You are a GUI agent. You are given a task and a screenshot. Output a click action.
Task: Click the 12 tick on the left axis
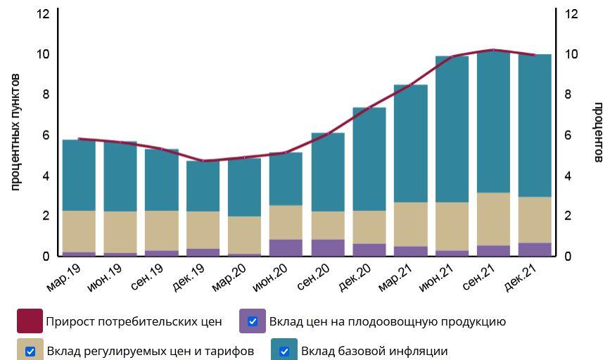pyautogui.click(x=43, y=14)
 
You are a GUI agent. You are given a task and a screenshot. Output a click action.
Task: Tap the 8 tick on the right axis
pyautogui.click(x=571, y=95)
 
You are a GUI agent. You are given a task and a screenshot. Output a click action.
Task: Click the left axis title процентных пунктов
pyautogui.click(x=16, y=131)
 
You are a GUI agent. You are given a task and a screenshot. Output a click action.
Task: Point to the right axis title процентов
pyautogui.click(x=597, y=132)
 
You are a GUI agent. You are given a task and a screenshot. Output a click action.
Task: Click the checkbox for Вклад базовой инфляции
pyautogui.click(x=284, y=351)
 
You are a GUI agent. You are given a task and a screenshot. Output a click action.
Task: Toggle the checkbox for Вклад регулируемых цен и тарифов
pyautogui.click(x=30, y=351)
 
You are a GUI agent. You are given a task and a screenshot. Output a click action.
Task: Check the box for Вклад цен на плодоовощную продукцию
pyautogui.click(x=253, y=321)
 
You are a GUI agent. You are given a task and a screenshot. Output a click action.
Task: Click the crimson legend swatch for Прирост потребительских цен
pyautogui.click(x=30, y=321)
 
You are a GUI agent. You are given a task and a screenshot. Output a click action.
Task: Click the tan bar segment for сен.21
pyautogui.click(x=493, y=219)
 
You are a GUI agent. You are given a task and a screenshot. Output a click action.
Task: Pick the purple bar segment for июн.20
pyautogui.click(x=286, y=247)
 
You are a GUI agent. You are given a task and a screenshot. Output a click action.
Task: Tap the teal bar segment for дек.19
pyautogui.click(x=203, y=186)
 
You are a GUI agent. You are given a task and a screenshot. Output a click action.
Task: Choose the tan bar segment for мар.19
pyautogui.click(x=79, y=231)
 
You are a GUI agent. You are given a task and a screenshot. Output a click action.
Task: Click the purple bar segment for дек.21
pyautogui.click(x=535, y=249)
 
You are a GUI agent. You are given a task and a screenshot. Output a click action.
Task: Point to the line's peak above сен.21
pyautogui.click(x=493, y=50)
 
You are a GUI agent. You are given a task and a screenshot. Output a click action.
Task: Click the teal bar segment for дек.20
pyautogui.click(x=369, y=159)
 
